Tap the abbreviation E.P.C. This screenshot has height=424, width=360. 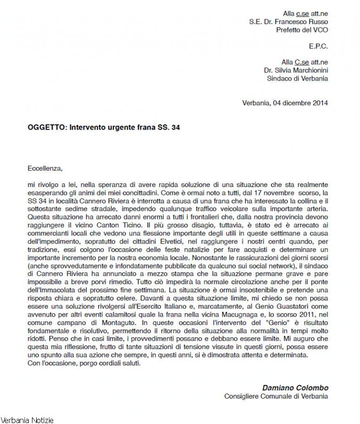[x=319, y=46]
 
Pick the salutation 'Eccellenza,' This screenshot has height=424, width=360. [x=45, y=167]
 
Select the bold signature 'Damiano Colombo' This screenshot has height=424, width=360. [x=296, y=388]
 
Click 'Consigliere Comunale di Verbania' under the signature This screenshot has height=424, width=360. [x=276, y=396]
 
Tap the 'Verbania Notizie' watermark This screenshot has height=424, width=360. [x=27, y=419]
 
